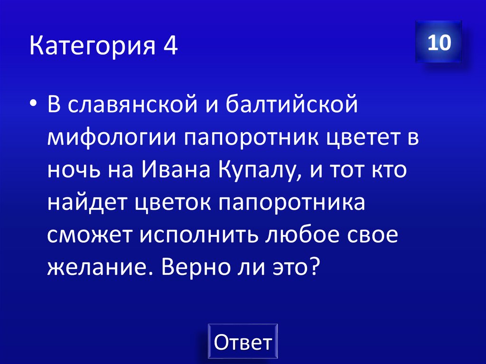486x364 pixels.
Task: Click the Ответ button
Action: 243,342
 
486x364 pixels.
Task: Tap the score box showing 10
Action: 439,42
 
